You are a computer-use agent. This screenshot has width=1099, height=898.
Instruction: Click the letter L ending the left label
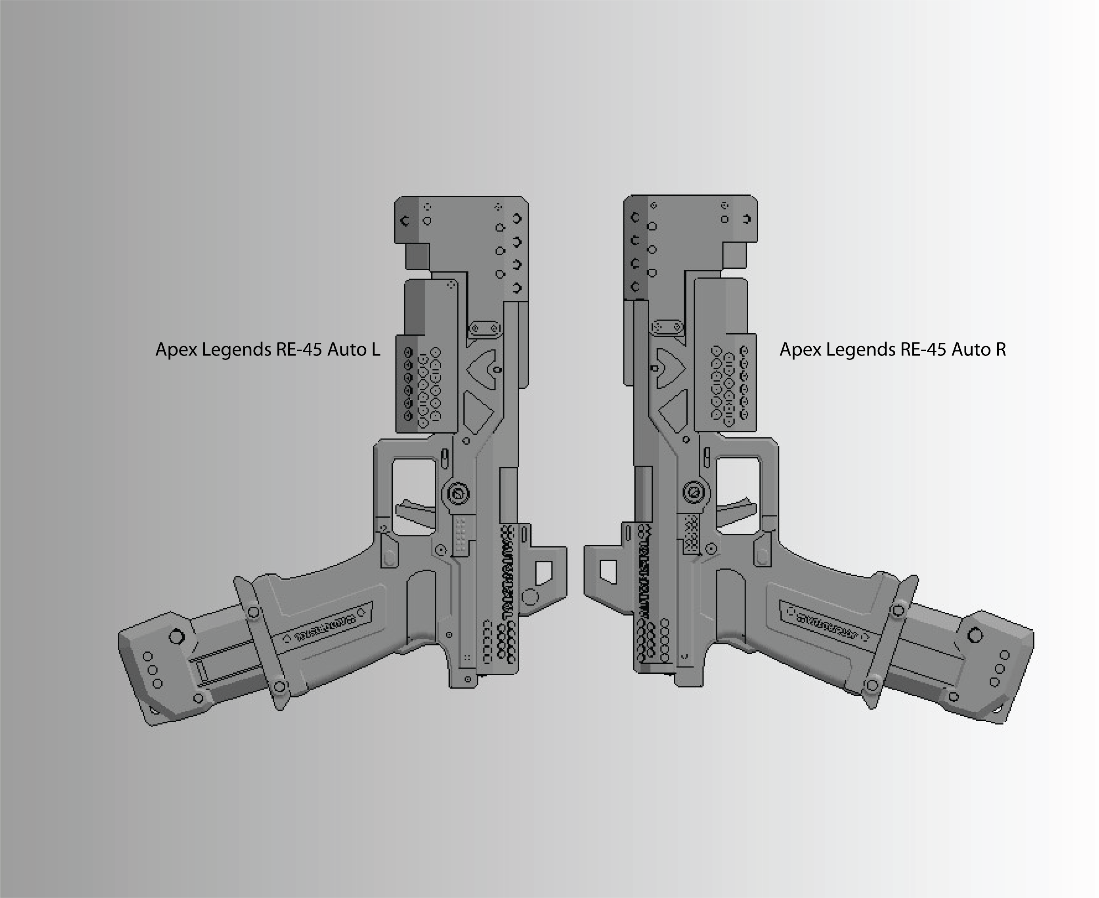(375, 350)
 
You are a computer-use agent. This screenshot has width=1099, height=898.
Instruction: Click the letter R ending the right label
(1000, 350)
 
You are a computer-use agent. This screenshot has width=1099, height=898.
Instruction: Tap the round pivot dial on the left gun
(457, 494)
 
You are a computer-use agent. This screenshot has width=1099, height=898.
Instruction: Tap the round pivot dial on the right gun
(693, 492)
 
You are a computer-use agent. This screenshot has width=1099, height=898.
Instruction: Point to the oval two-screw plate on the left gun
(485, 329)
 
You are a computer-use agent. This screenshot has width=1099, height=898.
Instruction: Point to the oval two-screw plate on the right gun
(667, 327)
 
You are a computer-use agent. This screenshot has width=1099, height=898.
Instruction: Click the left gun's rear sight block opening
(543, 573)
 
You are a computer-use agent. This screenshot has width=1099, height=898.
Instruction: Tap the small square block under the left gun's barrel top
(417, 256)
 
